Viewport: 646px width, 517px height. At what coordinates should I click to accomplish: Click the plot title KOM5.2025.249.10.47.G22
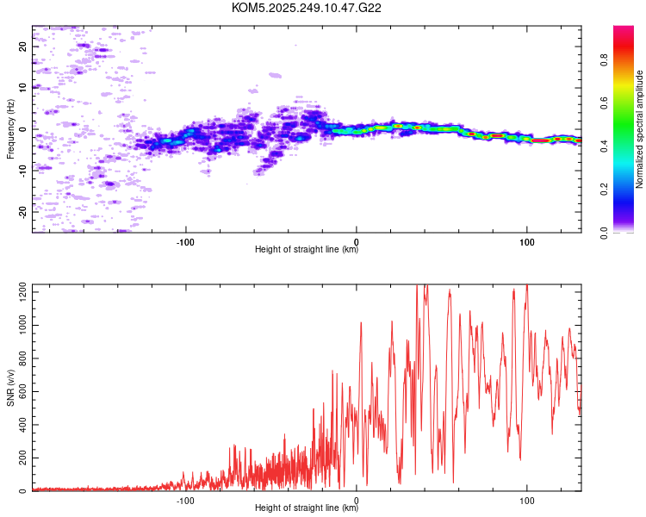pos(306,8)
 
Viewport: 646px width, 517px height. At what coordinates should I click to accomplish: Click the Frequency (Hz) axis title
pos(10,129)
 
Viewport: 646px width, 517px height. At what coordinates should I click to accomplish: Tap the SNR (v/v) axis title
pos(10,388)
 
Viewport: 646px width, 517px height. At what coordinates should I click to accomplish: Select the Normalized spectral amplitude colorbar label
pos(639,129)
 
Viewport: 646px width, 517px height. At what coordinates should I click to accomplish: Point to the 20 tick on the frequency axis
pos(22,47)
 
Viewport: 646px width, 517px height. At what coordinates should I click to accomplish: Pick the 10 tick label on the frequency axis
pos(22,88)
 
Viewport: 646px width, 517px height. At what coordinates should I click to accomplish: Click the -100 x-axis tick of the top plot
pos(185,242)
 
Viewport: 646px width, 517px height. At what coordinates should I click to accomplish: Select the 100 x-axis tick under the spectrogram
pos(527,242)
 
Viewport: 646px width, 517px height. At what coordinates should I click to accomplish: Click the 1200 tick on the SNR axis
pos(22,292)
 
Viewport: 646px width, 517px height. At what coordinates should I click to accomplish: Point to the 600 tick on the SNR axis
pos(22,392)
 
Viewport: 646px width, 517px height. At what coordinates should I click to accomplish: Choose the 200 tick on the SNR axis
pos(22,458)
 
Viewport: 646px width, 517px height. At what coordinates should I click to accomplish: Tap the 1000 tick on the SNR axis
pos(22,326)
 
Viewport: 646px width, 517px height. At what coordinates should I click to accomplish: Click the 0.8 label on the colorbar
pos(604,60)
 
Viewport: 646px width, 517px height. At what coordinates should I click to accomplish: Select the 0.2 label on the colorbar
pos(604,190)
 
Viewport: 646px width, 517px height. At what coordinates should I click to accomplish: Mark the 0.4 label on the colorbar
pos(604,146)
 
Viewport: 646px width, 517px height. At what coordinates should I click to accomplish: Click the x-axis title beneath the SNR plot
pos(307,508)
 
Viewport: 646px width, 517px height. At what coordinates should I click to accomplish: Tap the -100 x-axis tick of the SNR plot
pos(185,501)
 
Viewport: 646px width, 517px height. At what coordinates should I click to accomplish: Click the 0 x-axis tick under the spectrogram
pos(357,242)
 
